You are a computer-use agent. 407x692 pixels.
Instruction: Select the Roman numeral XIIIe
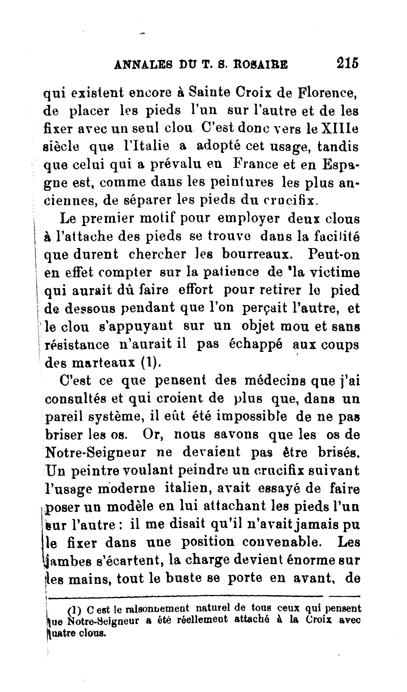tap(340, 129)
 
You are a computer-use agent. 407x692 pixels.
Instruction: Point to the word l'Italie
tap(146, 146)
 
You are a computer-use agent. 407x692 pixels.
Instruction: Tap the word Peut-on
tap(333, 254)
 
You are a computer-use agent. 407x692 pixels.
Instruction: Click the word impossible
tap(252, 417)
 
